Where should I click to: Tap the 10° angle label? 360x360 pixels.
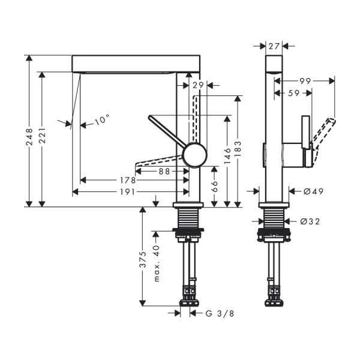click(x=103, y=120)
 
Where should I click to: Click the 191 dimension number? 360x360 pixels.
click(x=125, y=192)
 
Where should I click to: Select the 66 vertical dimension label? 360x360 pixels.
click(x=214, y=187)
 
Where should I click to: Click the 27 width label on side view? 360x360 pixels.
click(x=274, y=45)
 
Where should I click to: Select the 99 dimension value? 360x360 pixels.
click(x=305, y=80)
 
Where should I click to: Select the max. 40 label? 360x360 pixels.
click(x=155, y=264)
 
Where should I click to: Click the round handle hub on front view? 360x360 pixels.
click(x=195, y=155)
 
